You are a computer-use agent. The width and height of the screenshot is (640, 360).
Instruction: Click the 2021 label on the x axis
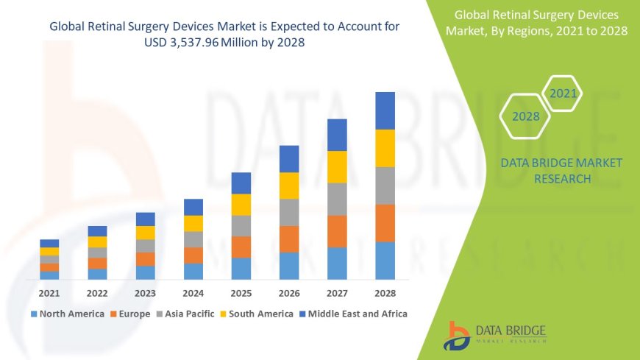click(x=49, y=293)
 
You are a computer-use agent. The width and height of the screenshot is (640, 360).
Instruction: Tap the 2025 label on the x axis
click(x=241, y=293)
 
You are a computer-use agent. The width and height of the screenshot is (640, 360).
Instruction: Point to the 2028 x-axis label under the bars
click(x=385, y=293)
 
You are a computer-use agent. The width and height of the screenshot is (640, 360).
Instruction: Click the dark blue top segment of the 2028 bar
click(x=385, y=110)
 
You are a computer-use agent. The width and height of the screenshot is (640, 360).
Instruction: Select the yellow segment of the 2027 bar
click(x=337, y=166)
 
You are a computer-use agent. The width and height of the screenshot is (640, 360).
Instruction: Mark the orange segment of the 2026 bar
click(x=289, y=239)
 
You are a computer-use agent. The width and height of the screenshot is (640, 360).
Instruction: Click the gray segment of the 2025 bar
click(x=241, y=225)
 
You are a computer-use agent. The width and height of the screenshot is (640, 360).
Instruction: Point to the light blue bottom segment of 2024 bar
click(x=193, y=271)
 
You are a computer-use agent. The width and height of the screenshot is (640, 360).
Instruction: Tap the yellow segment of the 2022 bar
click(x=97, y=241)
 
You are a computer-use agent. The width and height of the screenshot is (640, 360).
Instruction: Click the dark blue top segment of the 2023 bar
click(x=145, y=219)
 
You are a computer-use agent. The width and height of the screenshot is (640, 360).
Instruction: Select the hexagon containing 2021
click(x=563, y=94)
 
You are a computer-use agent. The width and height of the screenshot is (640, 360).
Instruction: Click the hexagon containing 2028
click(x=525, y=116)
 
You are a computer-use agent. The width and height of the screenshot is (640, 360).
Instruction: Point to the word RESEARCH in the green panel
click(x=561, y=179)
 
